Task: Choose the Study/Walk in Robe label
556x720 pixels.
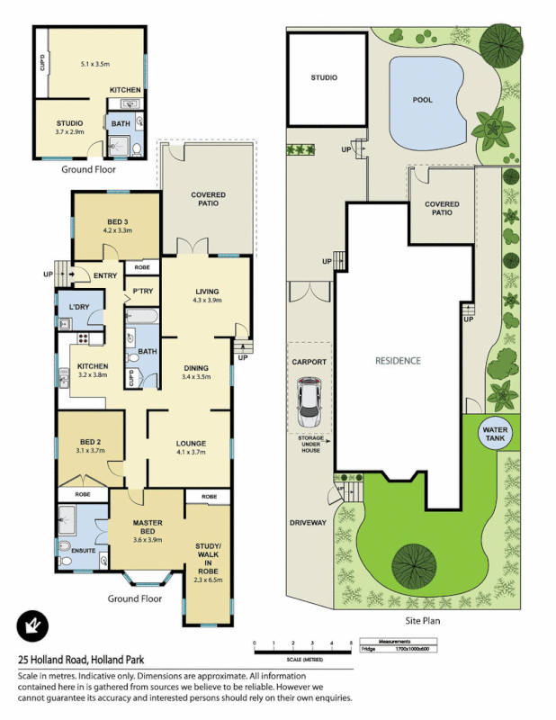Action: pos(208,557)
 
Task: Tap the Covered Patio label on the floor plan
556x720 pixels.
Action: pos(208,199)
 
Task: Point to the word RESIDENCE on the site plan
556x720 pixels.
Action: pos(398,361)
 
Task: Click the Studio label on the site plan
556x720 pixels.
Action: pos(324,78)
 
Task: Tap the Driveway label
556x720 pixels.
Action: pos(308,522)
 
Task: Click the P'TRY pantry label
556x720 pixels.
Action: pos(143,291)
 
